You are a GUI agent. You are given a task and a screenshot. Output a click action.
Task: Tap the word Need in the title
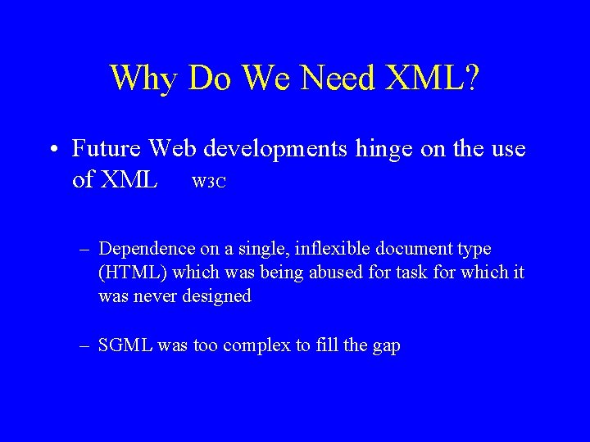[x=337, y=79]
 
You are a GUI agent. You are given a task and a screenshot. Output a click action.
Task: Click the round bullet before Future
[x=52, y=150]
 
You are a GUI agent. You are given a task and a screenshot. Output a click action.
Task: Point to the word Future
[x=105, y=149]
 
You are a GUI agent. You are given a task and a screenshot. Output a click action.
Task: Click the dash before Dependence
[x=85, y=249]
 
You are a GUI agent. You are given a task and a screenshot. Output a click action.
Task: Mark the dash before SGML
[x=85, y=345]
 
